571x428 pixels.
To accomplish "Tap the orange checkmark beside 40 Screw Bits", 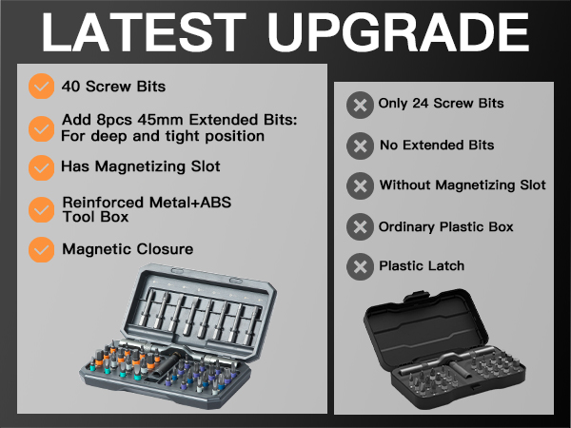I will pyautogui.click(x=41, y=87).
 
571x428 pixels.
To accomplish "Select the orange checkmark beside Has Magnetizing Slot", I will pyautogui.click(x=41, y=167).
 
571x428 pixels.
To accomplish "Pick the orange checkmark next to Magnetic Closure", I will pyautogui.click(x=41, y=250).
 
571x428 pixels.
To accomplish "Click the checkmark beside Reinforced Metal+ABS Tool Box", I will pyautogui.click(x=41, y=209).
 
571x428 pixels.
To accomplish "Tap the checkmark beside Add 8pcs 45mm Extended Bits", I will pyautogui.click(x=41, y=127).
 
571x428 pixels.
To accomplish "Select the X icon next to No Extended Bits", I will pyautogui.click(x=359, y=146).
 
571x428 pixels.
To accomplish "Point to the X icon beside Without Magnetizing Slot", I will pyautogui.click(x=359, y=185).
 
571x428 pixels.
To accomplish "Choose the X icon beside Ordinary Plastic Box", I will pyautogui.click(x=359, y=227).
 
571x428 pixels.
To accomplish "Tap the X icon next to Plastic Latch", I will pyautogui.click(x=359, y=266).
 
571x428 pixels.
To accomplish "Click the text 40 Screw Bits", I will pyautogui.click(x=113, y=87).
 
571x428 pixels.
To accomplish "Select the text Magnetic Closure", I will pyautogui.click(x=128, y=250).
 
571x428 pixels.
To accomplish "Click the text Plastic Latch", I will pyautogui.click(x=422, y=266).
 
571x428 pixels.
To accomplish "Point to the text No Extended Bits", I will pyautogui.click(x=436, y=146).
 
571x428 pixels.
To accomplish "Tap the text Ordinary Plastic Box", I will pyautogui.click(x=446, y=227).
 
